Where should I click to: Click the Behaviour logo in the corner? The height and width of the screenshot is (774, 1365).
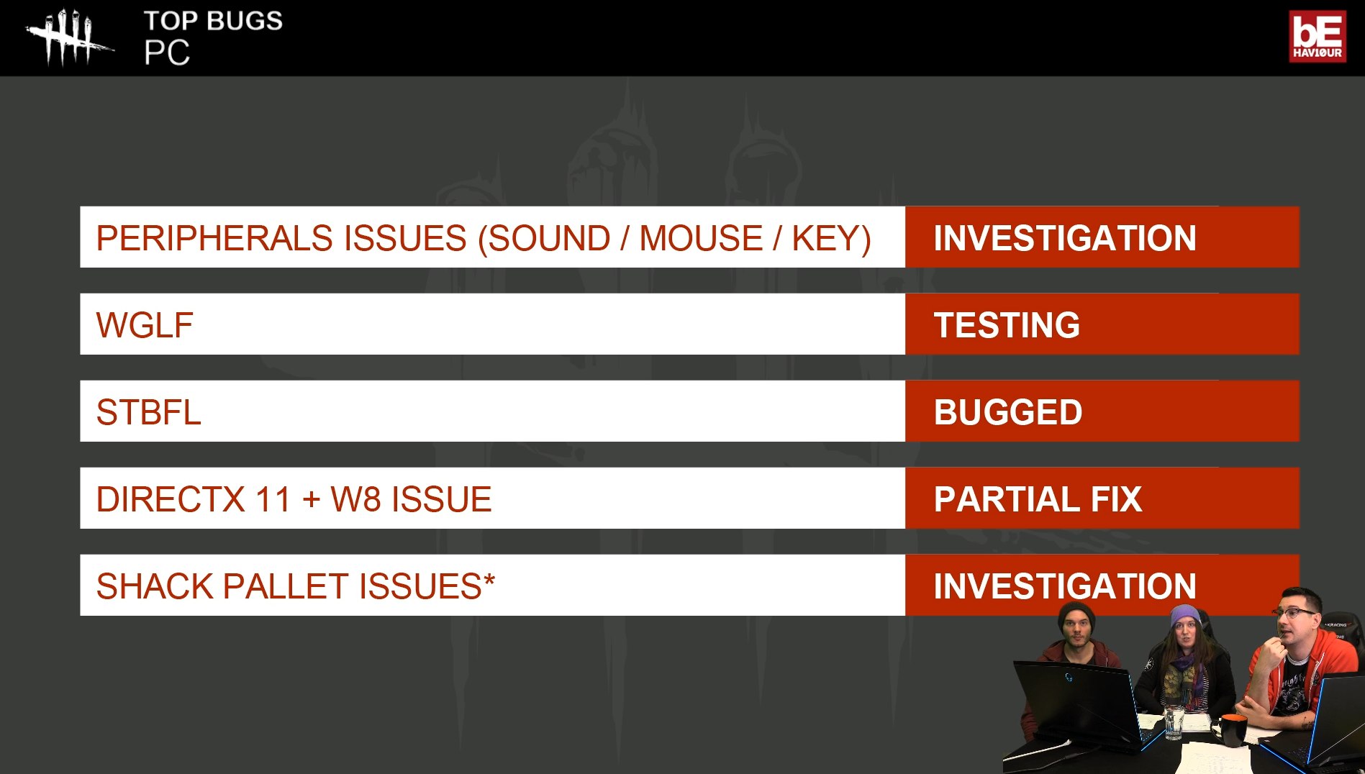1317,36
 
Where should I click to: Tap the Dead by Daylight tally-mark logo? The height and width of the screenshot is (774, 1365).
68,37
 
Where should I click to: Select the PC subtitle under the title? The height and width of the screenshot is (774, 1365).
167,53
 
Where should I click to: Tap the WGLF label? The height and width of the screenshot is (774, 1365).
145,325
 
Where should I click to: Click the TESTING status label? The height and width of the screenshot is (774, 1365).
1007,325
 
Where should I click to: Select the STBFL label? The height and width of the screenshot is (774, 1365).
148,412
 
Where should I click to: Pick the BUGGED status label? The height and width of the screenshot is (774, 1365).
1008,412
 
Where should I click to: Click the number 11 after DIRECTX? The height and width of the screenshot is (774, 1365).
273,499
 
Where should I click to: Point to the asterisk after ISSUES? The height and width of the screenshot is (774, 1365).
489,579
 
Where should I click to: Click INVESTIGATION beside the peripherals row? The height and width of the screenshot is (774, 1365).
1065,238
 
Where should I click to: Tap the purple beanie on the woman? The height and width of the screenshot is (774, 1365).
1184,616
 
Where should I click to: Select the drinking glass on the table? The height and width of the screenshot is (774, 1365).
1174,722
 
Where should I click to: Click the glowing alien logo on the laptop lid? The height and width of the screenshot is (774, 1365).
1069,677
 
